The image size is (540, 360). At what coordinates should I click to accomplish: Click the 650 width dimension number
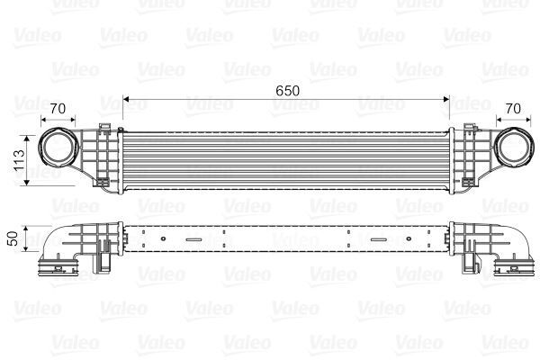pyautogui.click(x=285, y=91)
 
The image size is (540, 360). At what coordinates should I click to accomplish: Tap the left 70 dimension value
pyautogui.click(x=59, y=109)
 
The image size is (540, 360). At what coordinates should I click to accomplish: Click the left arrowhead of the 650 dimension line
pyautogui.click(x=126, y=99)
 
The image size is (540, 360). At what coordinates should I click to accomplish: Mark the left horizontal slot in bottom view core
pyautogui.click(x=195, y=239)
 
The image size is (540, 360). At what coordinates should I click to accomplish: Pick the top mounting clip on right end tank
pyautogui.click(x=463, y=125)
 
